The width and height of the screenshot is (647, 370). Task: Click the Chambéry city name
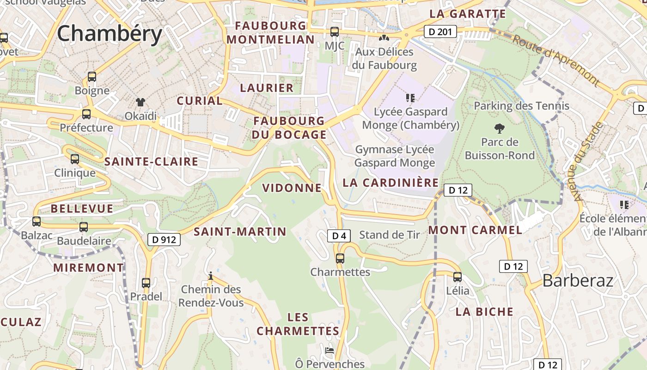[110, 34]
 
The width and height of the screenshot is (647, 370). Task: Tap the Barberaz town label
[578, 280]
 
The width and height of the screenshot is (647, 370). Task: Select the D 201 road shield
[440, 31]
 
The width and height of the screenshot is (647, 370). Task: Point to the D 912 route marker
[164, 240]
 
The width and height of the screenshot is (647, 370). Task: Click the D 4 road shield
[339, 236]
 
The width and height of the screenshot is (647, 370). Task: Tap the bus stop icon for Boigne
[92, 77]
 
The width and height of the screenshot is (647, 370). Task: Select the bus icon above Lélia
[458, 277]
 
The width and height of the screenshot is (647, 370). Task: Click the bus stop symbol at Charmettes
[340, 259]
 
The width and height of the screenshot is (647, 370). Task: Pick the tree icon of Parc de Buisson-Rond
[499, 128]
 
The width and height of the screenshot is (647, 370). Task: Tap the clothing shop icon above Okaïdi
[140, 102]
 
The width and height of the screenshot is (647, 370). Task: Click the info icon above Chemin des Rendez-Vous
[211, 276]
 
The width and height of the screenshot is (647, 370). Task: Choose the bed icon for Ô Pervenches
[330, 351]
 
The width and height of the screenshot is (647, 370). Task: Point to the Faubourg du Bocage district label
[289, 128]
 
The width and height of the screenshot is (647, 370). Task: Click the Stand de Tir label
[390, 235]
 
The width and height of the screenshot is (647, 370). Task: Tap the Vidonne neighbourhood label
[292, 188]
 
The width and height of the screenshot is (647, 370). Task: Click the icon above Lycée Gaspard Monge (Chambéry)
[410, 98]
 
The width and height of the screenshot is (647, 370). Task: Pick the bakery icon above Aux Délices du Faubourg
[384, 37]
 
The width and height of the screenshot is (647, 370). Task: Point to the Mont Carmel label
[475, 230]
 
